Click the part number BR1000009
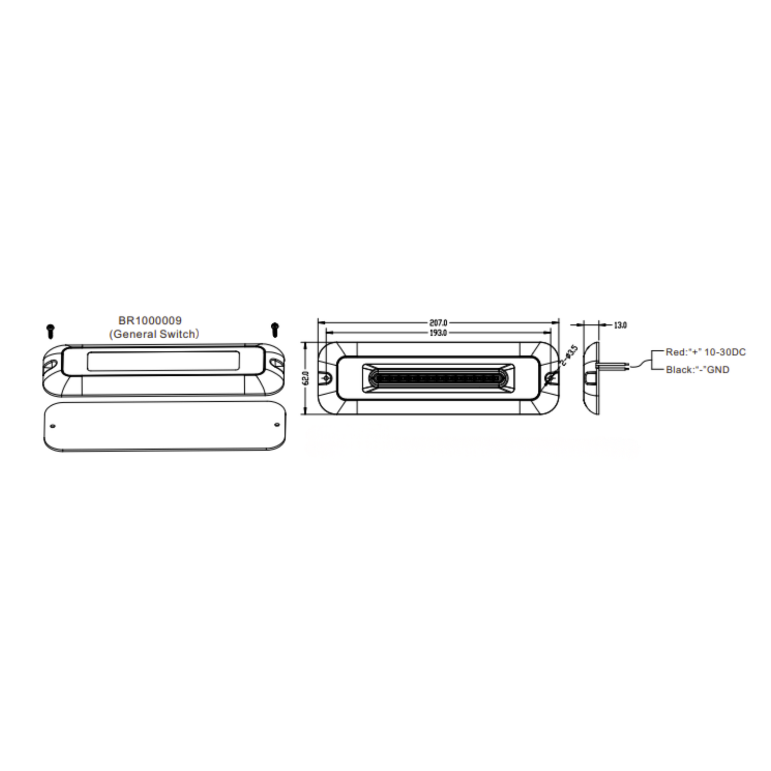tap(150, 320)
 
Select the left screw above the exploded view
tap(51, 331)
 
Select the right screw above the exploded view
tap(275, 330)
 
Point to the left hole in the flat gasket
tap(53, 426)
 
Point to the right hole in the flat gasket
tap(277, 425)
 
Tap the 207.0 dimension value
tap(439, 323)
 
